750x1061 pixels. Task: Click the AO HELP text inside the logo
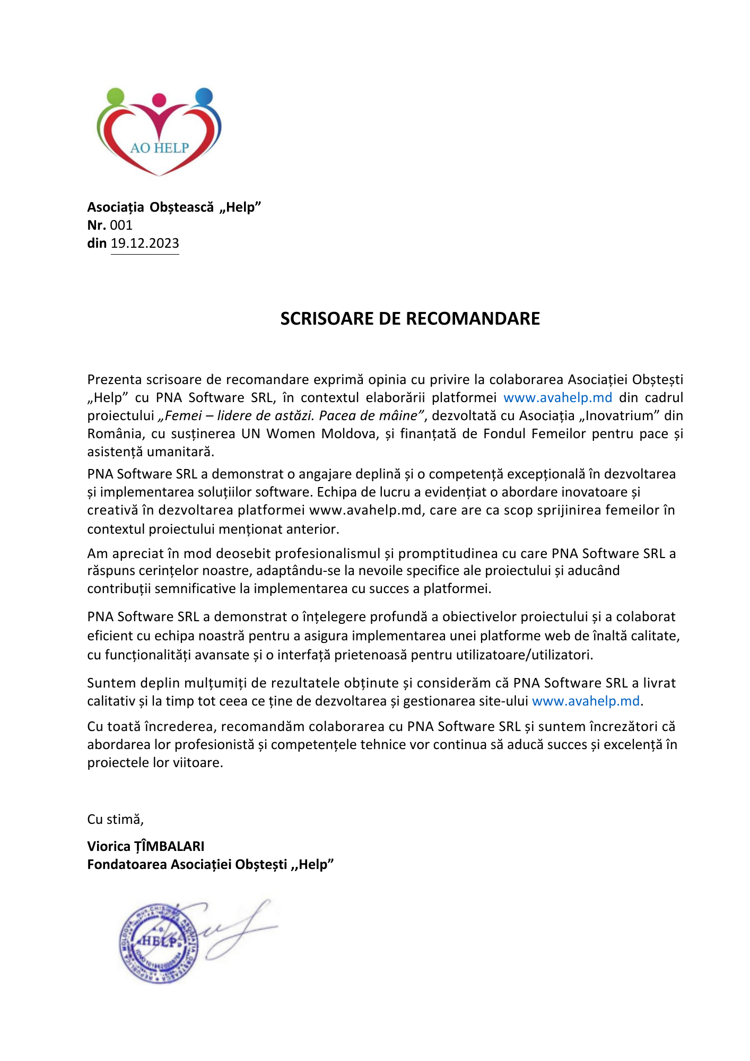click(x=159, y=148)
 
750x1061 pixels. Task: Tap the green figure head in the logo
click(x=115, y=97)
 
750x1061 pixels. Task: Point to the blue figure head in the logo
click(x=204, y=97)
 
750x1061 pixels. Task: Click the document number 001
click(x=121, y=225)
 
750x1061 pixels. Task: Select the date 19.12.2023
click(x=145, y=243)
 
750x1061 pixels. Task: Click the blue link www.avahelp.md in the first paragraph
click(x=557, y=397)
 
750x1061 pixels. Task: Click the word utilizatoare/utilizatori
click(x=524, y=655)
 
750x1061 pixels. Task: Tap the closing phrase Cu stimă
click(x=115, y=819)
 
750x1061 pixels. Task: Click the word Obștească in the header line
click(x=181, y=207)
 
